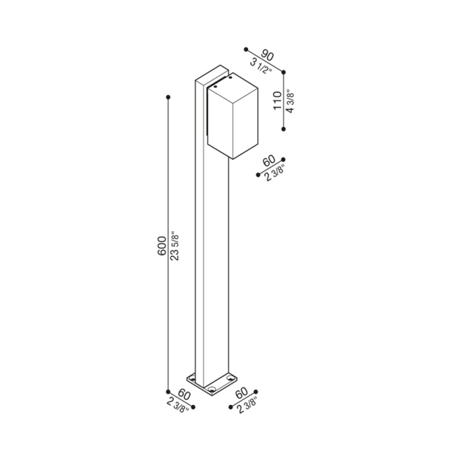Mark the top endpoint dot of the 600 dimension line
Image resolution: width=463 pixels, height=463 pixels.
click(x=168, y=96)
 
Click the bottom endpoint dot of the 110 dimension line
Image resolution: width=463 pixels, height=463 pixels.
click(x=283, y=129)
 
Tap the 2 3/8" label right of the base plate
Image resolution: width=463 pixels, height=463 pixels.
click(x=248, y=403)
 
